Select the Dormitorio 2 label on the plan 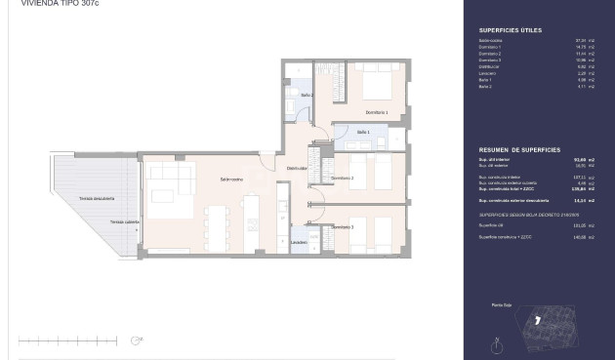pos(342,179)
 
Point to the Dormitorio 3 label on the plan pos(342,227)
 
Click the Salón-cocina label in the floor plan pos(231,180)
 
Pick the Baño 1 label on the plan pos(363,132)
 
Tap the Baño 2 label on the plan pos(306,95)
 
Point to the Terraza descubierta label pos(97,199)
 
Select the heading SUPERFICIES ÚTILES pos(502,30)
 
